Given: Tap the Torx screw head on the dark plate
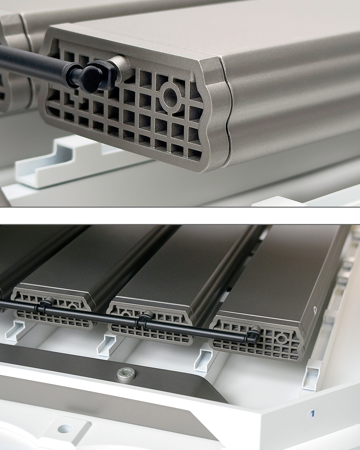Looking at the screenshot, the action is pos(126,371).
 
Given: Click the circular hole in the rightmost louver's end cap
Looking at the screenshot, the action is pos(282,339).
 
